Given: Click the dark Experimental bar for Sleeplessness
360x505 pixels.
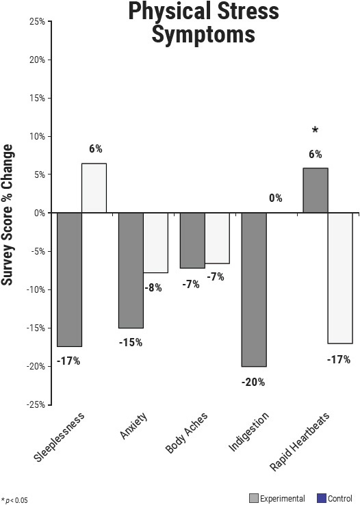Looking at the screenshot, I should [x=69, y=279].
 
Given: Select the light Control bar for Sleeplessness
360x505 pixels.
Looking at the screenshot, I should [x=94, y=188].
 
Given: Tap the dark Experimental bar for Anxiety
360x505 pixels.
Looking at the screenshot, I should [x=131, y=270].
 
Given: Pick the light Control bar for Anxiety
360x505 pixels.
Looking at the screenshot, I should [x=155, y=243].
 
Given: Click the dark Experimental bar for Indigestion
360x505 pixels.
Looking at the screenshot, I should [x=254, y=289].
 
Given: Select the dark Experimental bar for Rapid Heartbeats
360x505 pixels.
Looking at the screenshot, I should [x=316, y=190].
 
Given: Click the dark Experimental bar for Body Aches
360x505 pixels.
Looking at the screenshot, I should [x=192, y=240].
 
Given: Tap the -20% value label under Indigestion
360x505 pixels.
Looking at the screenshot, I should [x=253, y=382].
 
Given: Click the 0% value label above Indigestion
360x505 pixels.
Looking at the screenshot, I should [x=276, y=198].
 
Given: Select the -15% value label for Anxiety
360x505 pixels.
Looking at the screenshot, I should [x=130, y=342].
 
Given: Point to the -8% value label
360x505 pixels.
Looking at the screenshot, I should [x=153, y=288].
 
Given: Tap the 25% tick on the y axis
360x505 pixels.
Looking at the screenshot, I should [x=37, y=21].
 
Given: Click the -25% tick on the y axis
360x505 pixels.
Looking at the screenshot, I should [x=36, y=404].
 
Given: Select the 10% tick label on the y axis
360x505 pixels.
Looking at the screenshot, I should [x=37, y=136].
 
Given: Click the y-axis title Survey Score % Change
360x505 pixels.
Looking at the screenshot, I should [x=8, y=212].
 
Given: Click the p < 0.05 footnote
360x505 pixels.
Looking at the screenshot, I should [x=15, y=500].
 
